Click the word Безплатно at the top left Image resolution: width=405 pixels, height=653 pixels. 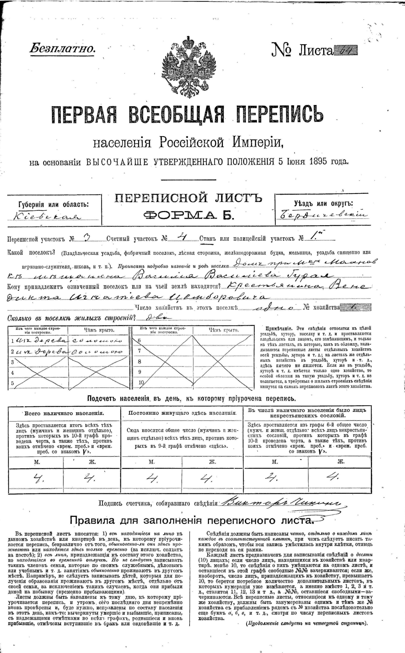62,49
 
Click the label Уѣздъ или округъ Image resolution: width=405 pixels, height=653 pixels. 323,204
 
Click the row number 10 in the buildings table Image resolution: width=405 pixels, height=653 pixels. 141,382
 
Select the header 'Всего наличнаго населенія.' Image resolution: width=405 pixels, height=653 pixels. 64,413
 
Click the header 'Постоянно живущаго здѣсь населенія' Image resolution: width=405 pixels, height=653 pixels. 182,413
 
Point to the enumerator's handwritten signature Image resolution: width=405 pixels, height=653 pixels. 280,503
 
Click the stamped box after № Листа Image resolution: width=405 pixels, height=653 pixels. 345,50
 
